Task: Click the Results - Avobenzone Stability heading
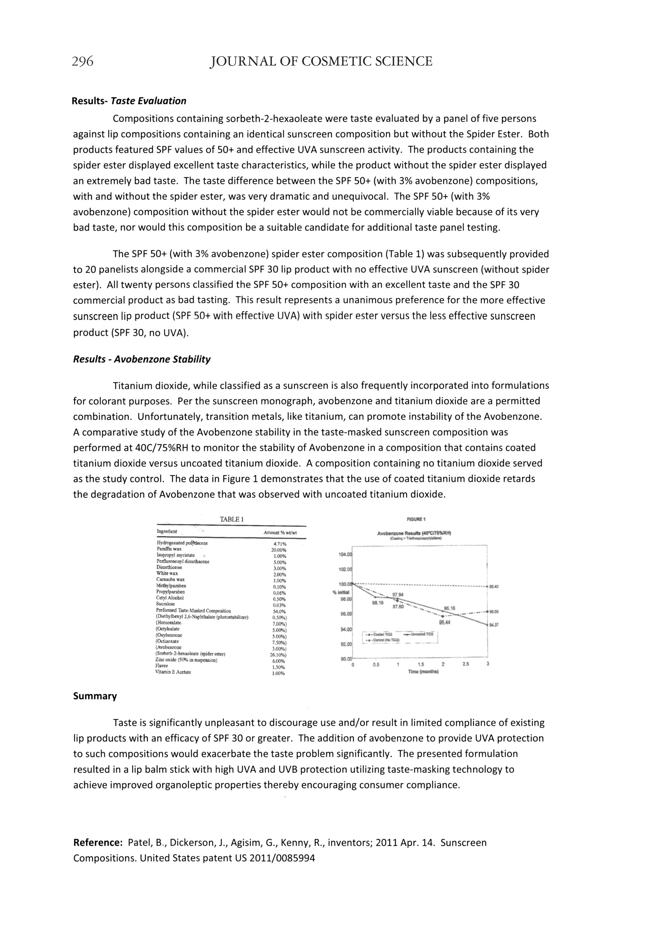click(142, 359)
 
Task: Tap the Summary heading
click(95, 696)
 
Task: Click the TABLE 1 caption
click(232, 519)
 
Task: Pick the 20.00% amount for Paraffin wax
click(279, 550)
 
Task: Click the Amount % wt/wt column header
click(280, 533)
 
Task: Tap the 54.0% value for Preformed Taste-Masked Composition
click(279, 611)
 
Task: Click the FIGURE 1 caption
click(416, 519)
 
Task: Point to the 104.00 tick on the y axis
click(345, 555)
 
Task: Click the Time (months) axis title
click(423, 672)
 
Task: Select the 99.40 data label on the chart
click(494, 587)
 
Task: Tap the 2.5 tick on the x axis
click(466, 664)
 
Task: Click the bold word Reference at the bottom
click(98, 843)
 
